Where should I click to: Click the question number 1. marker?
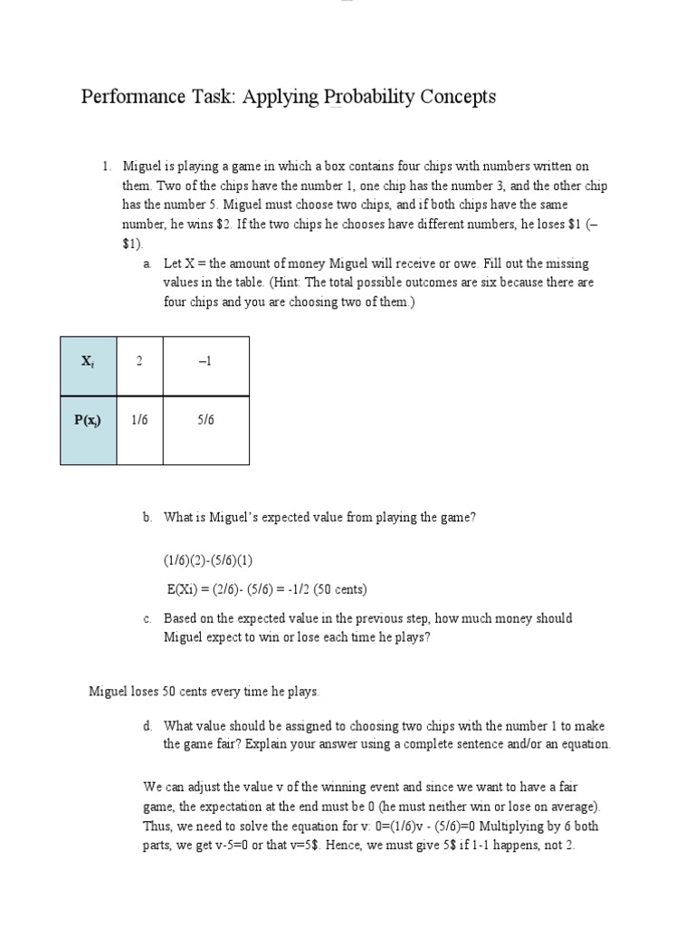106,166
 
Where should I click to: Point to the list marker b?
147,518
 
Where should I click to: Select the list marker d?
147,726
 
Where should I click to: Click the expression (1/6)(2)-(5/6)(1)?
214,561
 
